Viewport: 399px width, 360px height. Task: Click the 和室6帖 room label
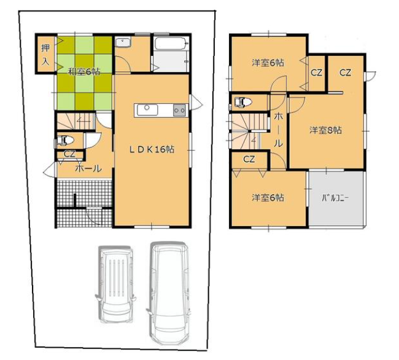[83, 72]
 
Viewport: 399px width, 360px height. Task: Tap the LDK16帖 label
[152, 149]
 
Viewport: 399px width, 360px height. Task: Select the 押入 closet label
[45, 54]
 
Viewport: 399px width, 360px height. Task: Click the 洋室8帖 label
[325, 130]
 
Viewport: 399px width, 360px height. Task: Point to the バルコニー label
[335, 198]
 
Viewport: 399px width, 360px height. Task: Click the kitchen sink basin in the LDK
[147, 110]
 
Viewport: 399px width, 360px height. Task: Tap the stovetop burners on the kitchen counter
[179, 110]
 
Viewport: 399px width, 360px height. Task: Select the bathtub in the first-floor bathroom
[172, 43]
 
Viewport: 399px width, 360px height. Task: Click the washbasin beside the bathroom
[123, 42]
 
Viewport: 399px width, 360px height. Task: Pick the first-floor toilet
[64, 140]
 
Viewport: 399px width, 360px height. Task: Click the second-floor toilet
[242, 102]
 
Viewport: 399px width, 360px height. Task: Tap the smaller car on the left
[115, 284]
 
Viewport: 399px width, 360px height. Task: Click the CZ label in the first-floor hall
[69, 154]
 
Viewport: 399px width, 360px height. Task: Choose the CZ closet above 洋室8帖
[346, 73]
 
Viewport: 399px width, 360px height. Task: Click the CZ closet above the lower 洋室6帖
[249, 159]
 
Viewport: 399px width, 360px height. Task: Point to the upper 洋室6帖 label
[268, 63]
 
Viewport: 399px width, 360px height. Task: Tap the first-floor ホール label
[88, 168]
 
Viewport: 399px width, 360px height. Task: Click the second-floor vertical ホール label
[278, 130]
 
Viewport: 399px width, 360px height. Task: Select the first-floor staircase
[76, 122]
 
